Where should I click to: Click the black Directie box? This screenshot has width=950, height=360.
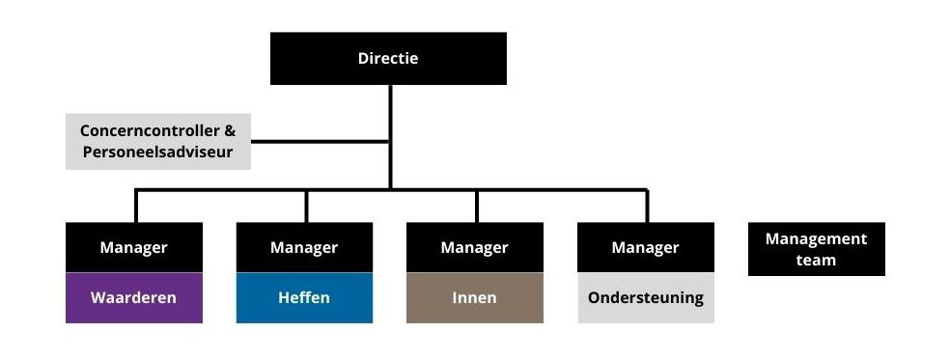pos(388,58)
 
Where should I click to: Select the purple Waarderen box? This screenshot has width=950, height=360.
pos(133,297)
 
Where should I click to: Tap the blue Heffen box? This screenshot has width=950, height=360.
pos(304,297)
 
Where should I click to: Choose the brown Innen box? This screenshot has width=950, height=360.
pos(474,297)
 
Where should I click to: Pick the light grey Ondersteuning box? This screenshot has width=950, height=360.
pos(645,297)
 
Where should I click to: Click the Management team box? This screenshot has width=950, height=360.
pos(816,249)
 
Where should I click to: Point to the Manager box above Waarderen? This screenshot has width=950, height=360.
pos(133,247)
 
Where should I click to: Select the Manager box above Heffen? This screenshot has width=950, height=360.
pos(304,247)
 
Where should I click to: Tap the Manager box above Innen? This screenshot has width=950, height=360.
pos(474,247)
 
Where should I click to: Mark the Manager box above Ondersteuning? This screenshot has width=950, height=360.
pos(645,247)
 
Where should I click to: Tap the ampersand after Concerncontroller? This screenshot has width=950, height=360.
pos(230,130)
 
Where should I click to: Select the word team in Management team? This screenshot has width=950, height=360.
pos(816,260)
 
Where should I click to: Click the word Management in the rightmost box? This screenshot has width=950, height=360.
pos(816,238)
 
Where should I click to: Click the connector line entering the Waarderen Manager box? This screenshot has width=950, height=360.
pos(136,207)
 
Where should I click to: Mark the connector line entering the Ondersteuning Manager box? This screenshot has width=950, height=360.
pos(647,207)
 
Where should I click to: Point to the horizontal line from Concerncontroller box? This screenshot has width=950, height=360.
pos(319,142)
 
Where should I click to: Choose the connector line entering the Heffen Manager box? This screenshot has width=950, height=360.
pos(306,207)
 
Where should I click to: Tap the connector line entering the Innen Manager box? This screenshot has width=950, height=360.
pos(476,207)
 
